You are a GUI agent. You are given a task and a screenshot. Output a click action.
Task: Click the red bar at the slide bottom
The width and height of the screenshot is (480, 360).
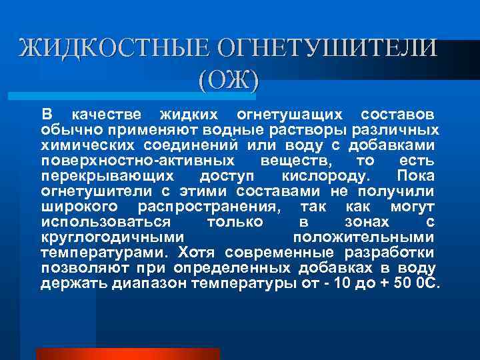click(127, 354)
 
